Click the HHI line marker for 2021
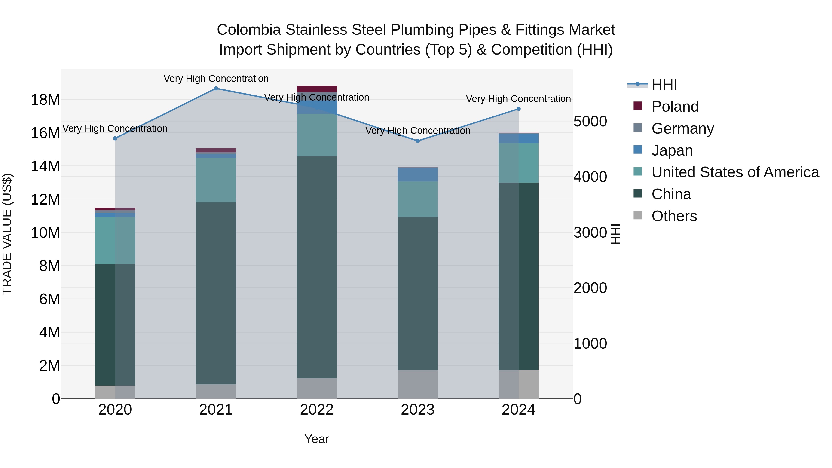216,89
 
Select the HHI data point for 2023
418,141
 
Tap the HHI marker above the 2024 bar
518,109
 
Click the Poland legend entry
675,107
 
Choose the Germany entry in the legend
682,128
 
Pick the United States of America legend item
735,172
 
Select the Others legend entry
674,216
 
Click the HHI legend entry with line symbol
664,85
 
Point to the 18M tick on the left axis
45,99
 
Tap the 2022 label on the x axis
317,410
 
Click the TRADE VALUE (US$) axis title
7,234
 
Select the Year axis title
317,439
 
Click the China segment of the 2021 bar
216,293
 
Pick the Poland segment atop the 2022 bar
317,89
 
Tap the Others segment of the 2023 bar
418,384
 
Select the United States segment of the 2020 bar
115,240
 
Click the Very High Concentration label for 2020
115,128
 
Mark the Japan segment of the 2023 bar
418,175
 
